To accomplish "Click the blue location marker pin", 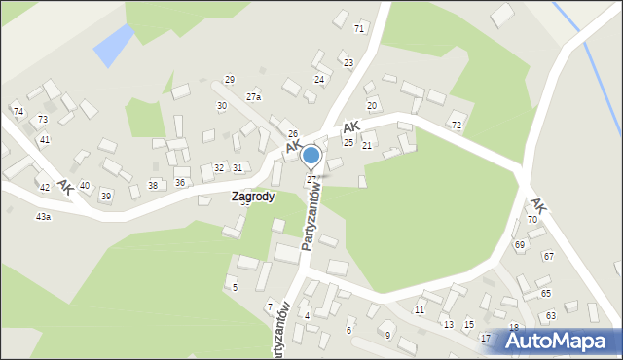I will point(311,157).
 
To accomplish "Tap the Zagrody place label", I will point(252,196).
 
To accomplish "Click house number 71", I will point(359,29).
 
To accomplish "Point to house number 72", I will point(457,126).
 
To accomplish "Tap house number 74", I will point(18,112).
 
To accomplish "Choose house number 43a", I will point(43,217).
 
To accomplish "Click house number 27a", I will point(253,97).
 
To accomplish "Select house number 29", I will point(230,80).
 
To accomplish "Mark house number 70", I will point(532,220).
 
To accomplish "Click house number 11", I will point(420,310).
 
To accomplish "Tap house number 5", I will point(235,287).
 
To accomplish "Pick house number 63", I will point(551,316).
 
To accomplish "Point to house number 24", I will point(318,79).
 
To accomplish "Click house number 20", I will point(371,105).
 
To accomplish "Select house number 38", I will point(153,185).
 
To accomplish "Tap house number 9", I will point(387,335).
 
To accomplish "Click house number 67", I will point(549,256).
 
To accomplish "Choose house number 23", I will point(348,63).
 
